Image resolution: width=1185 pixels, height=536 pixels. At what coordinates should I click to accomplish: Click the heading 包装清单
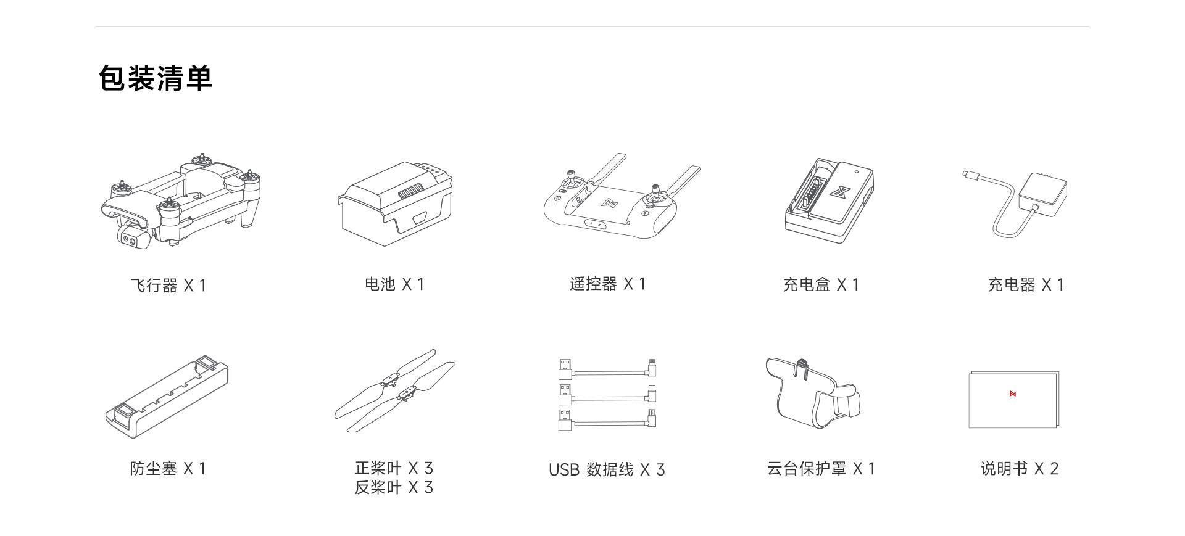coord(156,78)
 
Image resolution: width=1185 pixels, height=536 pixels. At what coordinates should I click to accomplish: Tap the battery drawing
coord(394,204)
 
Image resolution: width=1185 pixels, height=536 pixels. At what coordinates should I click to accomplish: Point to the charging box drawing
coord(829,200)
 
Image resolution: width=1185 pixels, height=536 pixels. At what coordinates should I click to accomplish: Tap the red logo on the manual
coord(1013,394)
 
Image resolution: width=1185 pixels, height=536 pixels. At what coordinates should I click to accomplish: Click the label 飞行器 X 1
coord(168,286)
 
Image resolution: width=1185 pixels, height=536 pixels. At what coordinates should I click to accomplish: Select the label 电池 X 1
coord(394,284)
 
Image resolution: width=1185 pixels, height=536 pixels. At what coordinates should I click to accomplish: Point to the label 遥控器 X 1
coord(607,284)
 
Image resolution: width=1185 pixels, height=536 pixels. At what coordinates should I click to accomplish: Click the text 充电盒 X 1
coord(821,285)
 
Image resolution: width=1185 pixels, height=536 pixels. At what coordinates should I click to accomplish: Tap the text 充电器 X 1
coord(1026,285)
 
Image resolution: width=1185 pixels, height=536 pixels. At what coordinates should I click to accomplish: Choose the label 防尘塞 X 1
coord(168,469)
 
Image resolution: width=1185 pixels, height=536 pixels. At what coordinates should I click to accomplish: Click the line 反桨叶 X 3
coord(394,488)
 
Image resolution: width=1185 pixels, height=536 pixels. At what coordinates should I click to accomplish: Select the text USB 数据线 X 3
coord(607,470)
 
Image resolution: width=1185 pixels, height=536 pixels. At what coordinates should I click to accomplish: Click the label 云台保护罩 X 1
coord(821,469)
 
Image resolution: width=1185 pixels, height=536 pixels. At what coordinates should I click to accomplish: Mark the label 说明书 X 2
coord(1020,469)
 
